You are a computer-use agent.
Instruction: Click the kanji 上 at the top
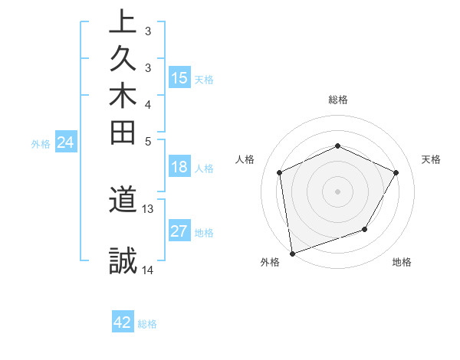point(123,21)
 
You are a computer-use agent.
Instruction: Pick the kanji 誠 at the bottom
point(123,261)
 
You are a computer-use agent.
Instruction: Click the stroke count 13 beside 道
point(148,208)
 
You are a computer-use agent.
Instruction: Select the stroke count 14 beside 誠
point(148,270)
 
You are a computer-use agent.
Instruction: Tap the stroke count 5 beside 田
point(148,140)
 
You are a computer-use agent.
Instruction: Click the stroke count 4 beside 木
point(148,103)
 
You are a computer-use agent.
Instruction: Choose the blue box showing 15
point(179,78)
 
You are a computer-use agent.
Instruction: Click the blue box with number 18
point(179,168)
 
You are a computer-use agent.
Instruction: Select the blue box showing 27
point(179,232)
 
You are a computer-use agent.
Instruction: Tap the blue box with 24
point(66,142)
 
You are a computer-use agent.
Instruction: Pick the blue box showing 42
point(123,322)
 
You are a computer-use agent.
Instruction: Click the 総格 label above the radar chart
point(338,100)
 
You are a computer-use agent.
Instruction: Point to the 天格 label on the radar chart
point(431,159)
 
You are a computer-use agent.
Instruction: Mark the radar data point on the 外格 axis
point(292,253)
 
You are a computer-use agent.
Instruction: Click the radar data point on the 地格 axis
point(365,229)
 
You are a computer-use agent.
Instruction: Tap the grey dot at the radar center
point(337,191)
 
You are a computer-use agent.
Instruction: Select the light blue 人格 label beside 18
point(205,169)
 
